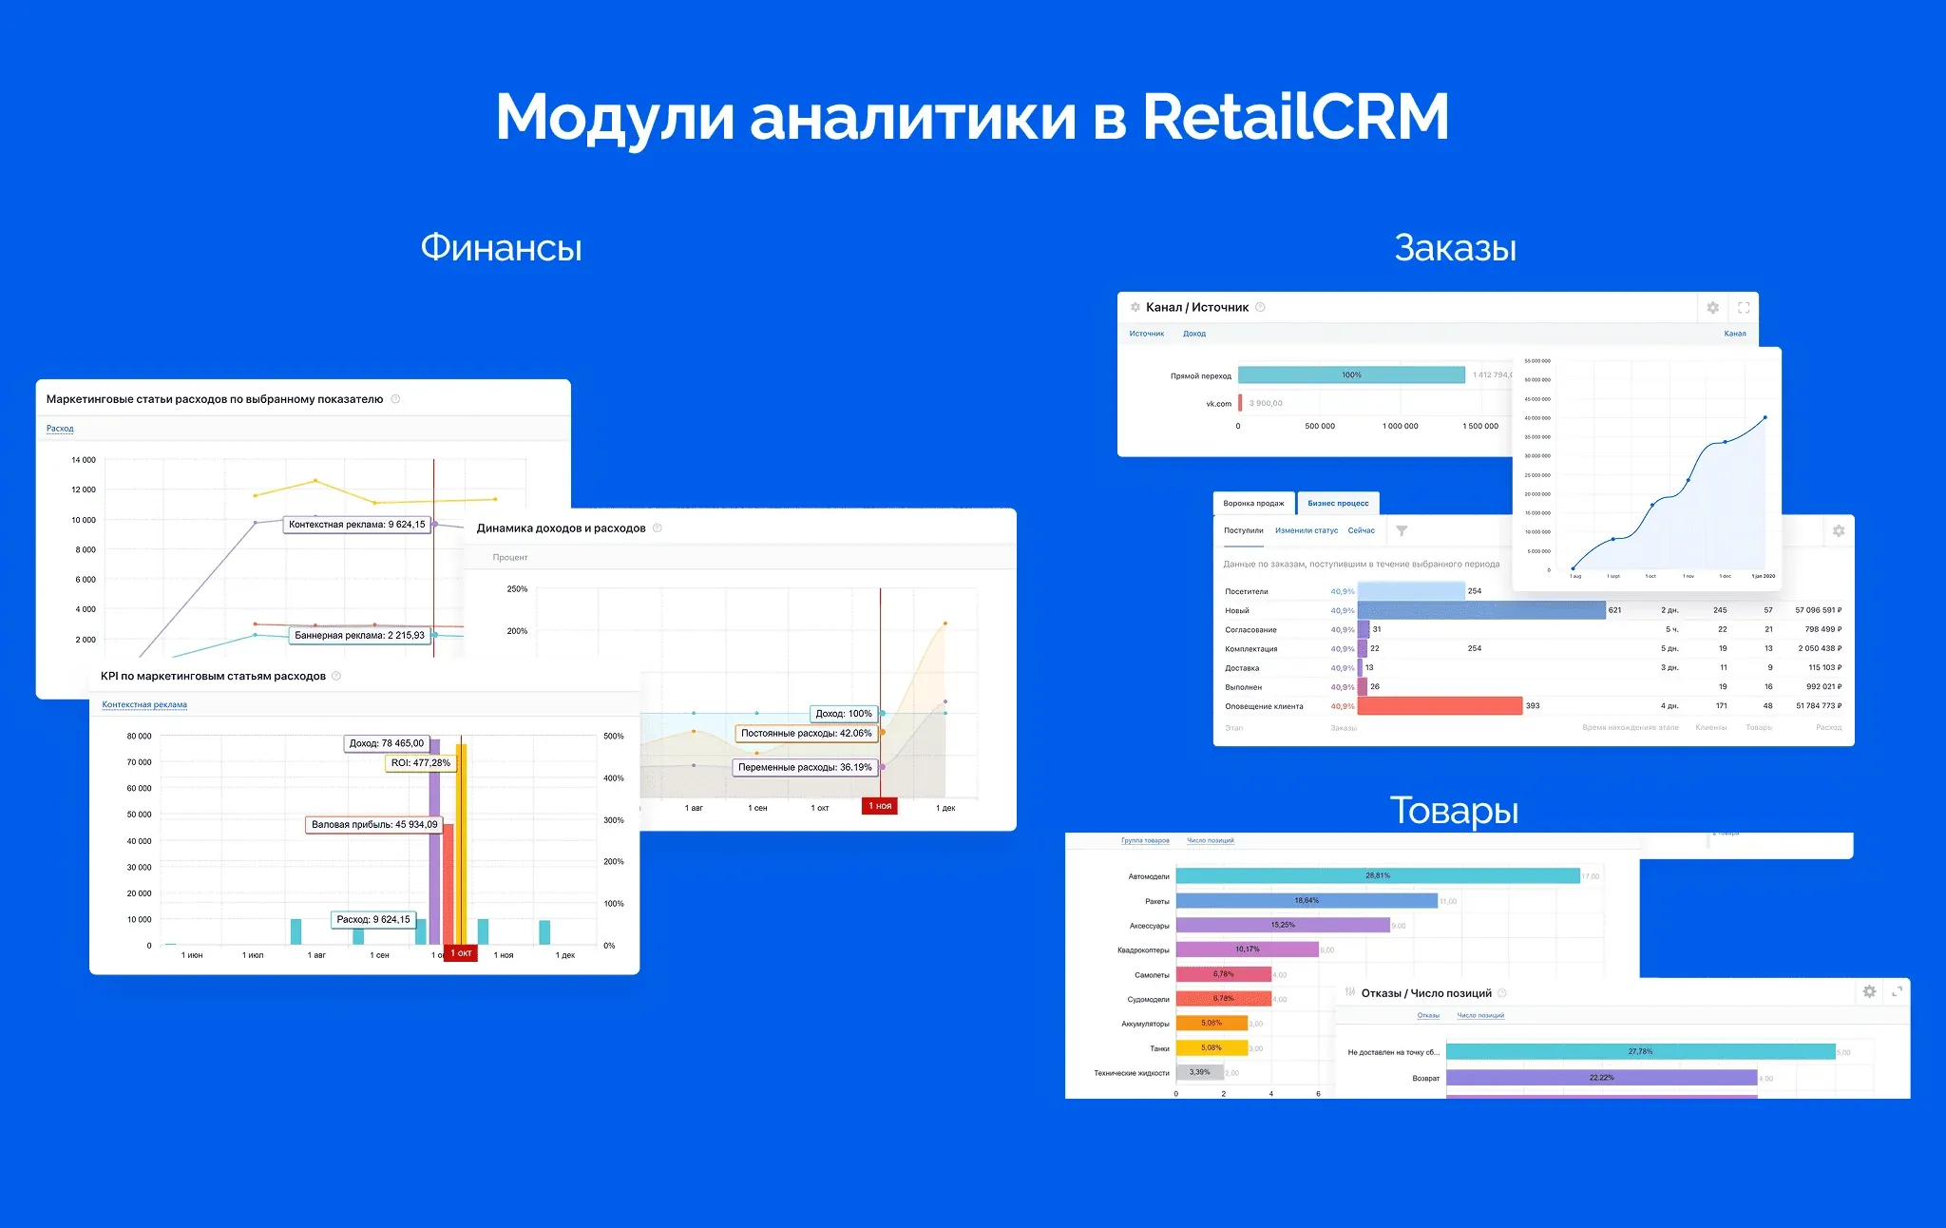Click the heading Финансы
click(x=501, y=248)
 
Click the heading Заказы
click(x=1455, y=248)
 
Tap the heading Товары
click(x=1454, y=811)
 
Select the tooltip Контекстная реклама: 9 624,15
click(x=357, y=525)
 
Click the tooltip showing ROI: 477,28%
click(x=421, y=763)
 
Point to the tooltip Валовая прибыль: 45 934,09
click(x=374, y=825)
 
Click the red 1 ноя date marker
click(x=880, y=806)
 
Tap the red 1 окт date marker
click(x=461, y=953)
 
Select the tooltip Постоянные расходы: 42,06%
click(x=806, y=734)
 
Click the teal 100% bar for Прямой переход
click(x=1351, y=375)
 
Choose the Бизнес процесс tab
click(x=1338, y=504)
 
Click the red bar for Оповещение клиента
click(x=1440, y=706)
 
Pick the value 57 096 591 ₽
click(x=1818, y=610)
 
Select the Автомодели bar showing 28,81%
click(x=1378, y=875)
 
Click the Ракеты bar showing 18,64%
click(x=1307, y=900)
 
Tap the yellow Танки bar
click(x=1211, y=1048)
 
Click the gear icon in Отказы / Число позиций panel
click(x=1869, y=992)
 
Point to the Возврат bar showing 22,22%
click(x=1601, y=1078)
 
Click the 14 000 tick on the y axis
click(x=84, y=460)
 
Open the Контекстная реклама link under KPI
click(x=144, y=705)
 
